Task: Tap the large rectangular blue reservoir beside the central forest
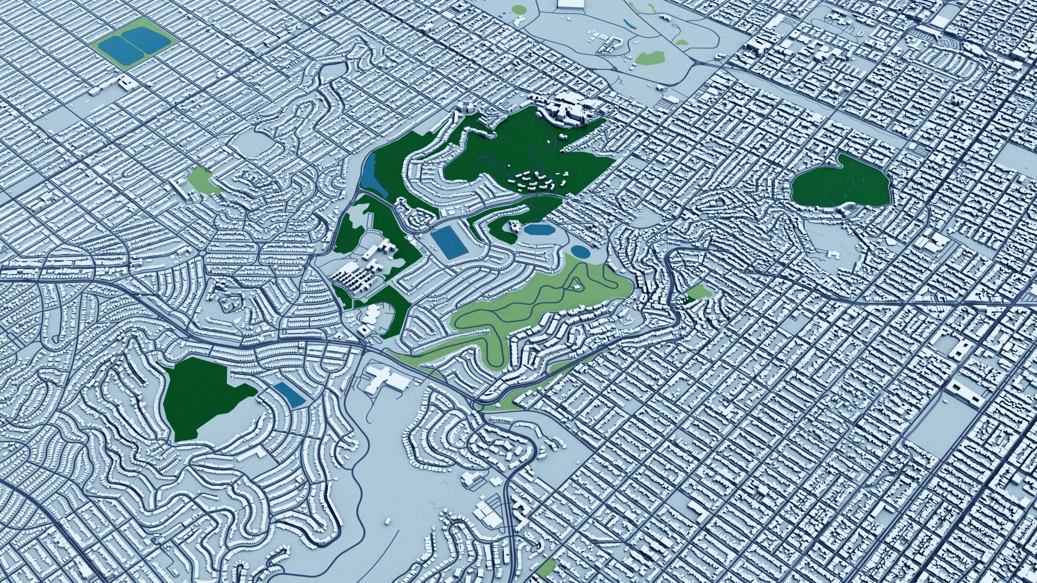449,242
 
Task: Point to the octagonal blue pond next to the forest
539,230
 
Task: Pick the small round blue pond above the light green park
580,251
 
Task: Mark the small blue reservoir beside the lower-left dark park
289,395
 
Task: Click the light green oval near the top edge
518,9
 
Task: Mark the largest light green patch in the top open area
650,57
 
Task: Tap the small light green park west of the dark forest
203,180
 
